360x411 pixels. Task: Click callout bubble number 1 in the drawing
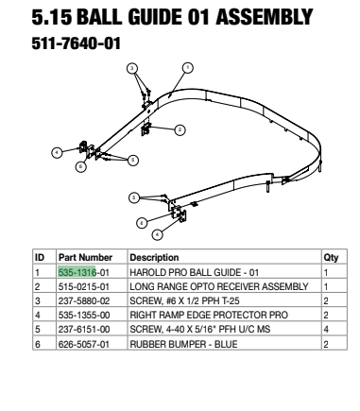188,68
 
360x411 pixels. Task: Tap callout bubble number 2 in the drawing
180,129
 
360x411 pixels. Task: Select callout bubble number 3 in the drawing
132,68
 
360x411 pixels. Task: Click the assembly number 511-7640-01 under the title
77,43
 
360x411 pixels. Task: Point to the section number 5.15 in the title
52,17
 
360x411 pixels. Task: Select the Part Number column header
85,257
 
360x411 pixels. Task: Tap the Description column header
154,257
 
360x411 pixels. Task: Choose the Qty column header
331,258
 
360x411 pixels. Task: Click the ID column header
40,257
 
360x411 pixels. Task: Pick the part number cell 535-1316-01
84,272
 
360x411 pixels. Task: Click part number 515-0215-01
84,286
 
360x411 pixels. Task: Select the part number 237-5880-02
84,300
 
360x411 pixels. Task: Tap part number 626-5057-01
84,344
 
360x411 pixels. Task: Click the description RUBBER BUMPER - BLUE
183,344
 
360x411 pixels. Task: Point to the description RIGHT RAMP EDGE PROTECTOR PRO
209,315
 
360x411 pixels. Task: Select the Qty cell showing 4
326,330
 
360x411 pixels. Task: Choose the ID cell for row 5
38,330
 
